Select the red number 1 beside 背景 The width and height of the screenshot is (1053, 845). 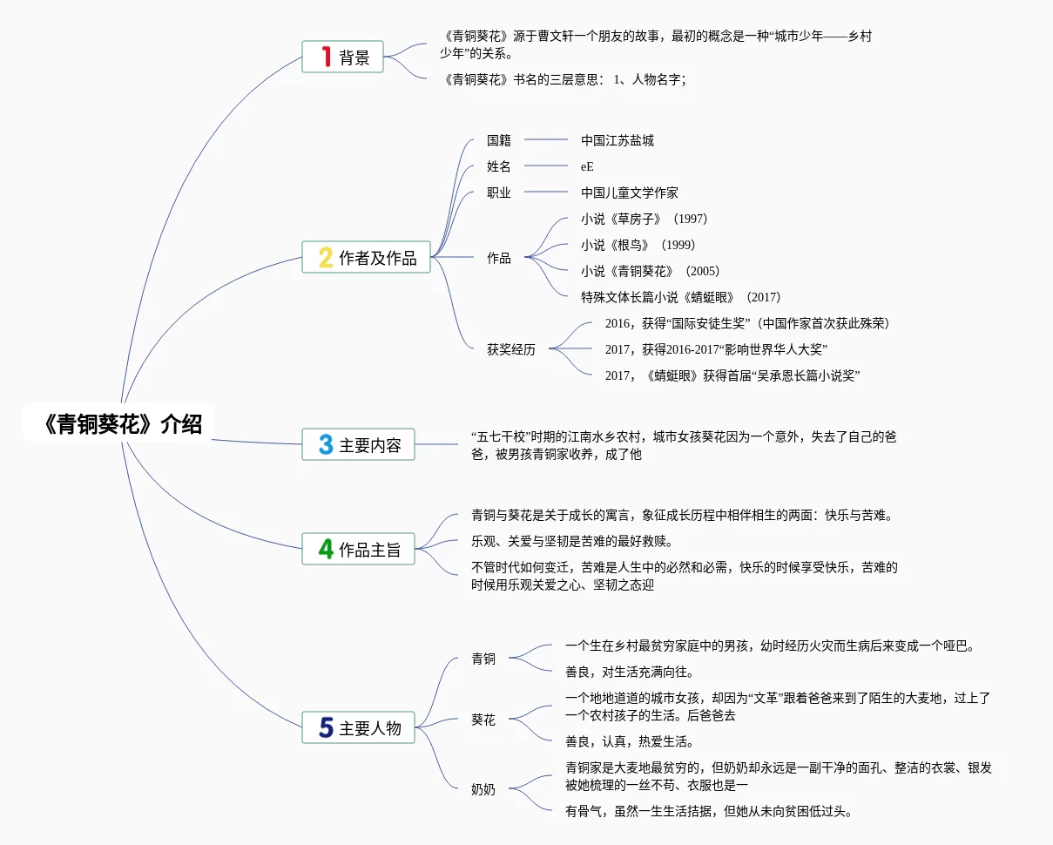coord(326,57)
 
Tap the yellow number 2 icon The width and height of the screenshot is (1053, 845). coord(326,258)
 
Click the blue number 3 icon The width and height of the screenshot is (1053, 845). coord(326,445)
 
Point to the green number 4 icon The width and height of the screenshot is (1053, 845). coord(326,550)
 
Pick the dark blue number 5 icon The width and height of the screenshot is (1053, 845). coord(326,728)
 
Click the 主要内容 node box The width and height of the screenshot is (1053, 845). coord(358,445)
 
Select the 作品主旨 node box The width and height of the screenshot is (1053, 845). coord(358,550)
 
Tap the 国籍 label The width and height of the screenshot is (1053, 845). coord(499,140)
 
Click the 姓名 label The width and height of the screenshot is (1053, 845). coord(499,166)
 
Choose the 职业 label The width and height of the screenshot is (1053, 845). coord(499,193)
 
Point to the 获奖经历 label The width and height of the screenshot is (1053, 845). coord(511,349)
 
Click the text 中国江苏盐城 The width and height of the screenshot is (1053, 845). coord(618,140)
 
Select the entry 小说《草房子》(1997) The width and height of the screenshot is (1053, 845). coord(644,219)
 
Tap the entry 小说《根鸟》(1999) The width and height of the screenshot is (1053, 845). coord(638,245)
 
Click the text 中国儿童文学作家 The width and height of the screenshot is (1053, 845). coord(630,193)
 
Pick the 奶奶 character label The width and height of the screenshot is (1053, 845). coord(483,789)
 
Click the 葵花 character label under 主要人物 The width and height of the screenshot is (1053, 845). coord(483,720)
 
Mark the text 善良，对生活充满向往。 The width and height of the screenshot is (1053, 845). coord(630,672)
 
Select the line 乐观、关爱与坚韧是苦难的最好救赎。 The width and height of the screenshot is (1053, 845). coord(571,541)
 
